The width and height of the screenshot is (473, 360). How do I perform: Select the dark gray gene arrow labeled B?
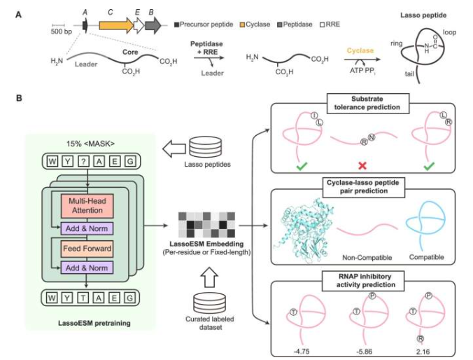click(153, 25)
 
